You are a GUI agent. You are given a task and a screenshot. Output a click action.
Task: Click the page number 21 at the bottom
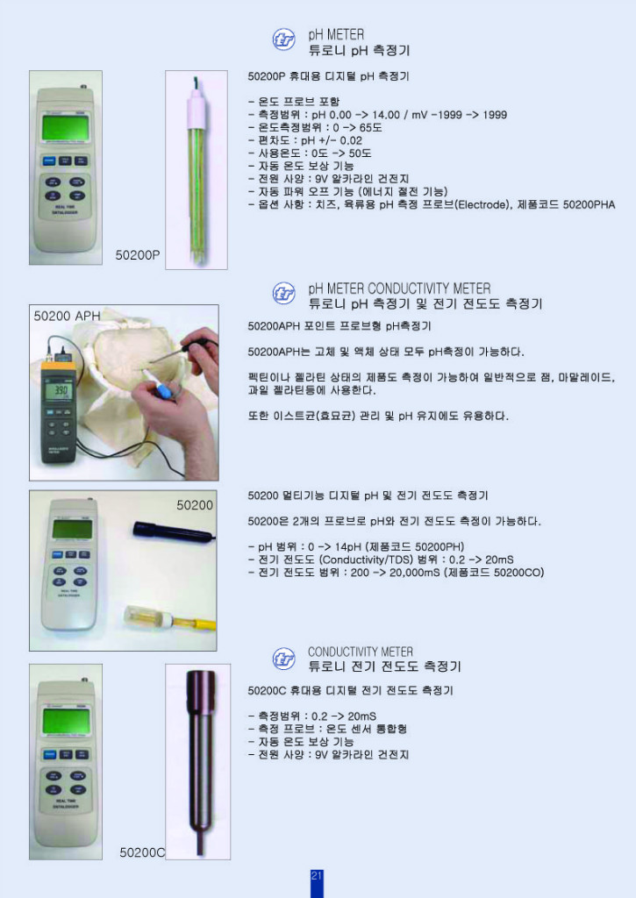317,876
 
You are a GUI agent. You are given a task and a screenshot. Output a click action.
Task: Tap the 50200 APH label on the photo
67,316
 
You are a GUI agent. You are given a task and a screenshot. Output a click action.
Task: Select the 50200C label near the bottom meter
142,852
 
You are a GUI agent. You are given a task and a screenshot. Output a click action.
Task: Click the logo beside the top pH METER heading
284,39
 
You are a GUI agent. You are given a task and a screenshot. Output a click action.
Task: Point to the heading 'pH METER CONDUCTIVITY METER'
399,289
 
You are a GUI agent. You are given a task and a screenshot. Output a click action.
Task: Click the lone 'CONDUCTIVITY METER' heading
360,652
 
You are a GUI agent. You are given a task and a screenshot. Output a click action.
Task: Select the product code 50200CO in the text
513,573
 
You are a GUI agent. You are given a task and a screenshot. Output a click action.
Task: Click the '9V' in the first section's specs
321,178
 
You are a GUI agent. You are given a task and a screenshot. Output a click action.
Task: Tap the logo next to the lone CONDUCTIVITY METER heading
284,658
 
